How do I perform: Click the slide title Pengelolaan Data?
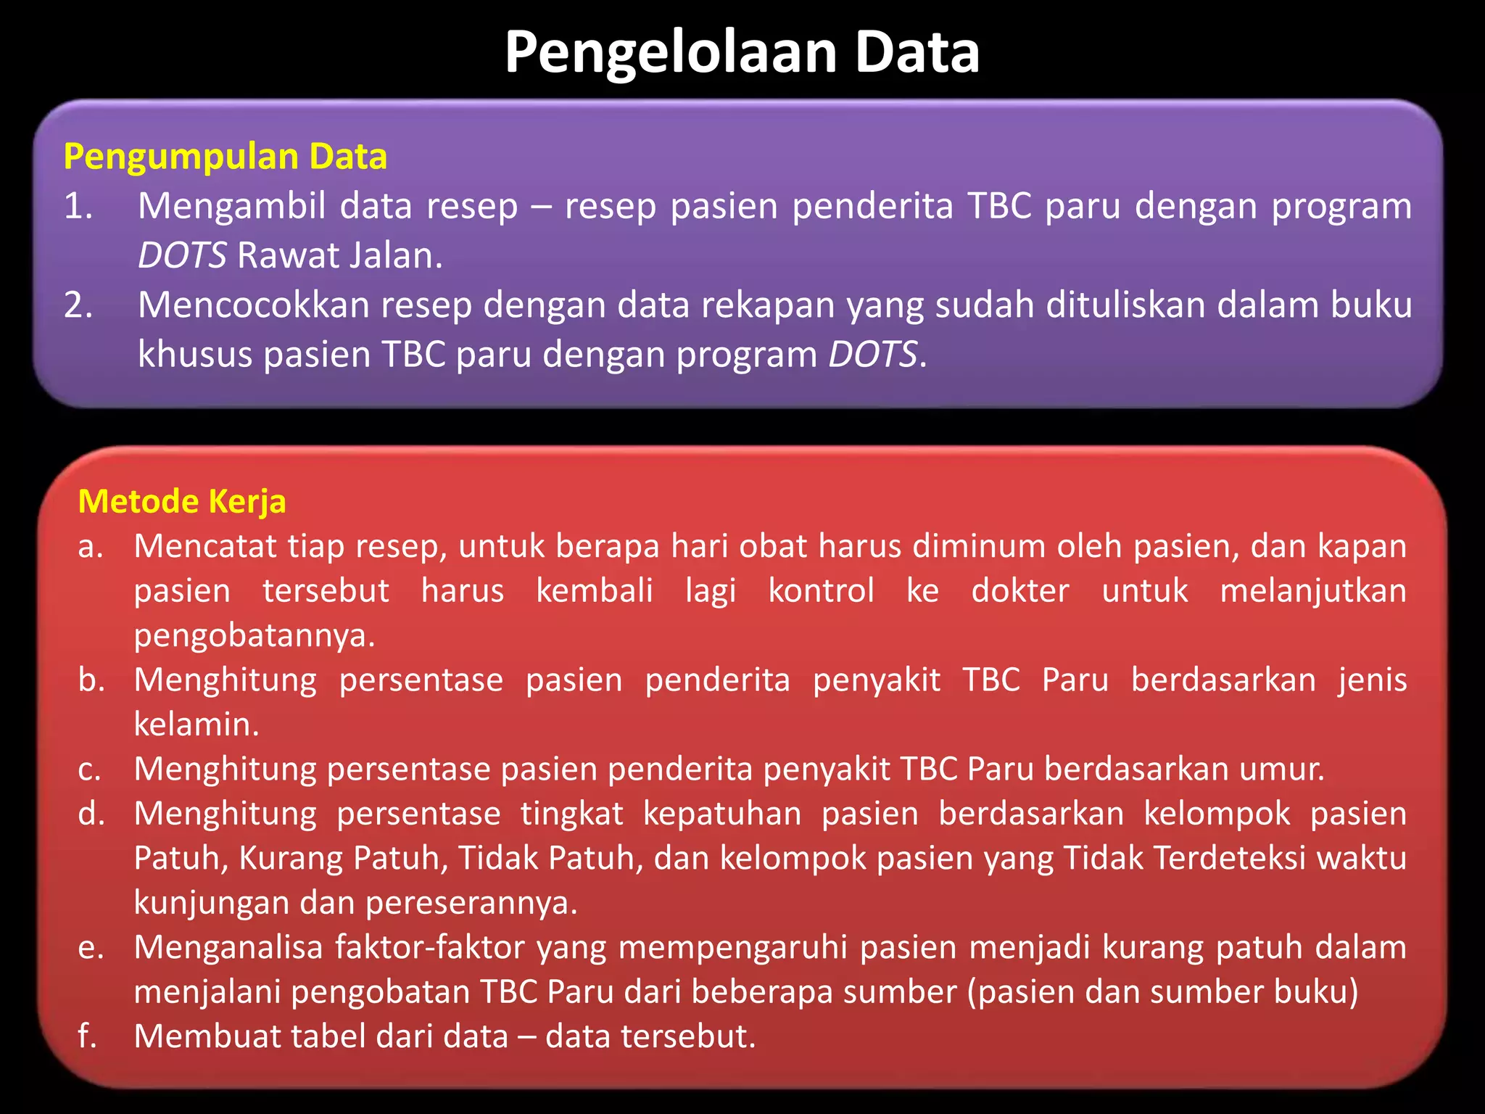(742, 52)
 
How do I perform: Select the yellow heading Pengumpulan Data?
(225, 157)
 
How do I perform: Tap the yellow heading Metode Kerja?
(182, 502)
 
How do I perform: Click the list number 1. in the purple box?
(78, 207)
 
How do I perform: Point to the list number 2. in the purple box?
(78, 305)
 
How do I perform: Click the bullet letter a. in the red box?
(91, 547)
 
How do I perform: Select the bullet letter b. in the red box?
(91, 680)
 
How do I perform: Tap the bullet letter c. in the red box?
(90, 770)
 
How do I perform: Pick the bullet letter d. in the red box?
(91, 814)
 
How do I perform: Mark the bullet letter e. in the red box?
(91, 948)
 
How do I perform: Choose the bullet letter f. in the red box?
(87, 1036)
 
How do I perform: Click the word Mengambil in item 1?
(232, 207)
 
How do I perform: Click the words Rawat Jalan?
(339, 256)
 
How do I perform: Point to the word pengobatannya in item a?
(254, 636)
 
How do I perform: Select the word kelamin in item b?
(196, 725)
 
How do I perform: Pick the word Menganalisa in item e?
(228, 948)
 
